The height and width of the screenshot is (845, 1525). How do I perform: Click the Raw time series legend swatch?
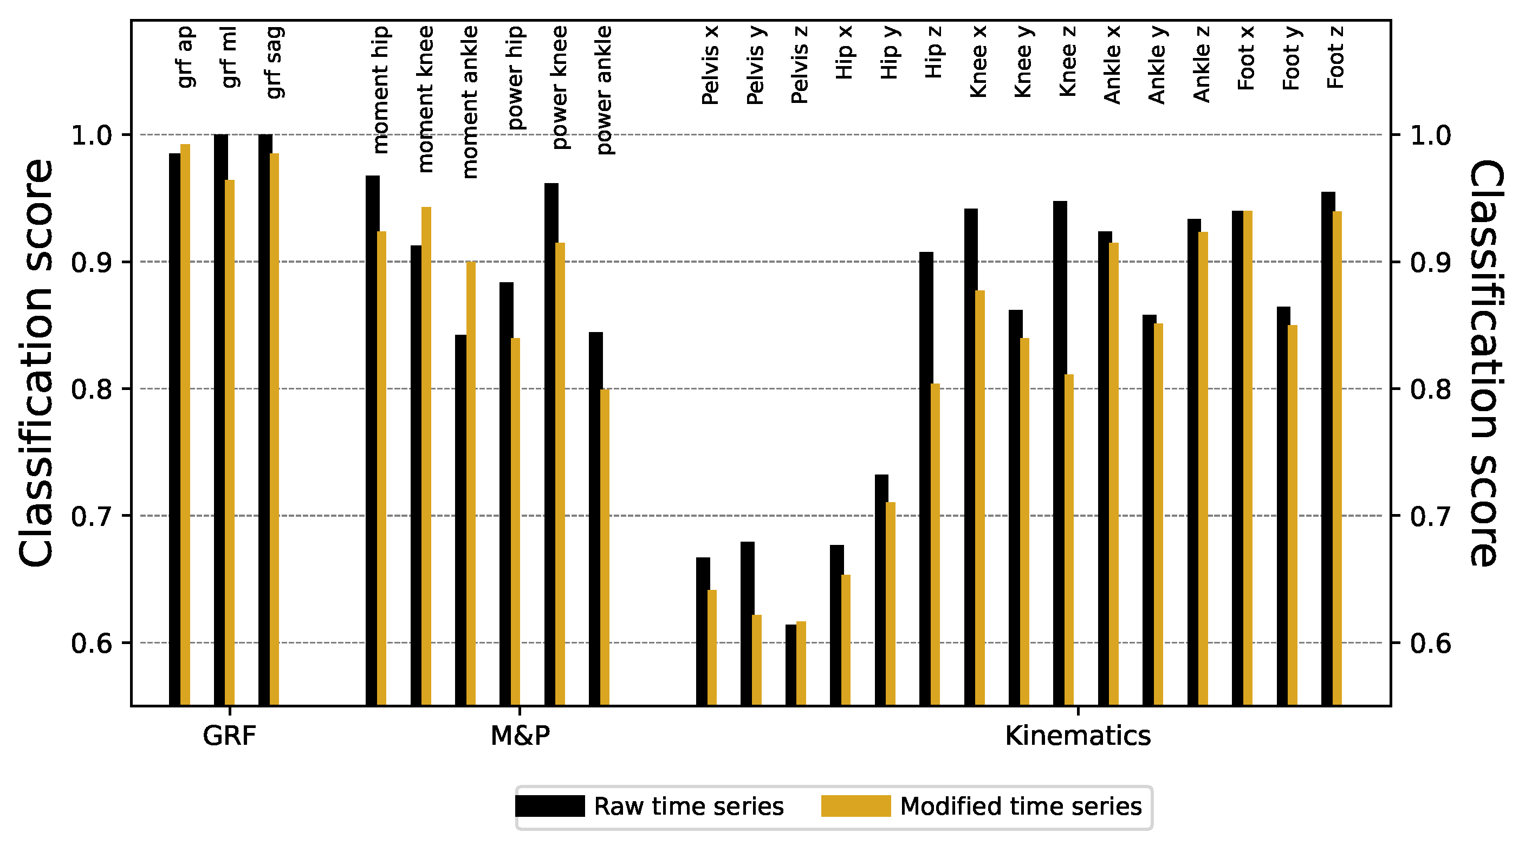click(549, 806)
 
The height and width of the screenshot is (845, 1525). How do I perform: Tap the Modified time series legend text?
click(1021, 807)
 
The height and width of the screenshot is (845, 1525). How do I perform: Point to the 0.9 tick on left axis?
click(91, 262)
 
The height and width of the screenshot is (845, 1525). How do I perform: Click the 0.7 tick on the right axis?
click(1430, 516)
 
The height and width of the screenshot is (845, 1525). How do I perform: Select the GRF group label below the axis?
click(229, 736)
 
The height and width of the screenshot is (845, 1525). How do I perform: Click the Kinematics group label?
click(1078, 736)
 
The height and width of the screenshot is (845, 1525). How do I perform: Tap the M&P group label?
click(520, 736)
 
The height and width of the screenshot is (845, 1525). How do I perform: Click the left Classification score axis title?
click(36, 362)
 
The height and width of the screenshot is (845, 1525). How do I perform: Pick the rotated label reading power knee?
click(559, 88)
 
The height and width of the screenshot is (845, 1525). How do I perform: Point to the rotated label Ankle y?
click(1156, 65)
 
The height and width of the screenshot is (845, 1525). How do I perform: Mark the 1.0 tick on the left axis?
click(91, 135)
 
